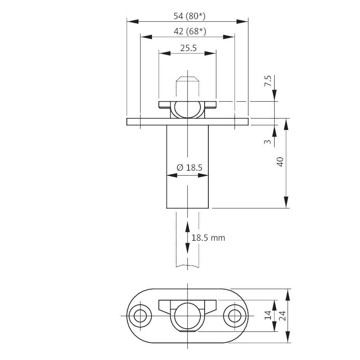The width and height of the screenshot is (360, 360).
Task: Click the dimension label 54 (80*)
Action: pyautogui.click(x=189, y=16)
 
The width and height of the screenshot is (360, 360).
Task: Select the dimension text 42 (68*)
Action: pyautogui.click(x=190, y=31)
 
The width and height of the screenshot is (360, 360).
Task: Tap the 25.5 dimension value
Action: pyautogui.click(x=188, y=48)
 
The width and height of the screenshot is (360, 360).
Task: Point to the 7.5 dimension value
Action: pyautogui.click(x=268, y=81)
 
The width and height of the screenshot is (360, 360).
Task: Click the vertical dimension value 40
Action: pyautogui.click(x=280, y=162)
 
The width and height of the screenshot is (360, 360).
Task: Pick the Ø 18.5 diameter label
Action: pyautogui.click(x=189, y=168)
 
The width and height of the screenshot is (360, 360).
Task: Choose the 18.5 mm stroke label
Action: pyautogui.click(x=208, y=238)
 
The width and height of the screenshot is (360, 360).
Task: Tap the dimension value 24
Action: pyautogui.click(x=282, y=316)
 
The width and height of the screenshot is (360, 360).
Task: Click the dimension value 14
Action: pyautogui.click(x=268, y=315)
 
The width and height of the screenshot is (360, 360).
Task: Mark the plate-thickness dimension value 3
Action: pyautogui.click(x=268, y=142)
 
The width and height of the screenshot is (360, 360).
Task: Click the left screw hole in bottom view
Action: pyautogui.click(x=140, y=316)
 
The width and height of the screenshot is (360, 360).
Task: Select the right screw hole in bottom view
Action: pyautogui.click(x=235, y=316)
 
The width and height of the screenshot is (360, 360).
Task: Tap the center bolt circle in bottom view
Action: pyautogui.click(x=187, y=316)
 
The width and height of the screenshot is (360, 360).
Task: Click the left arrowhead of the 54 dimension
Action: pyautogui.click(x=133, y=22)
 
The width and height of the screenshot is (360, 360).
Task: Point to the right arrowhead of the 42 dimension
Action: pyautogui.click(x=229, y=37)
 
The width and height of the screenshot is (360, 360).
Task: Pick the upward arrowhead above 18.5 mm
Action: pyautogui.click(x=187, y=227)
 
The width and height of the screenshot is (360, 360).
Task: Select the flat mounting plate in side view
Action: pyautogui.click(x=187, y=122)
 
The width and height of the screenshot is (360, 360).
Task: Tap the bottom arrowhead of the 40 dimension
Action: pyautogui.click(x=286, y=202)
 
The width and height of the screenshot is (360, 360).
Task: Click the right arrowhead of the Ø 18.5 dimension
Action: pyautogui.click(x=203, y=176)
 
